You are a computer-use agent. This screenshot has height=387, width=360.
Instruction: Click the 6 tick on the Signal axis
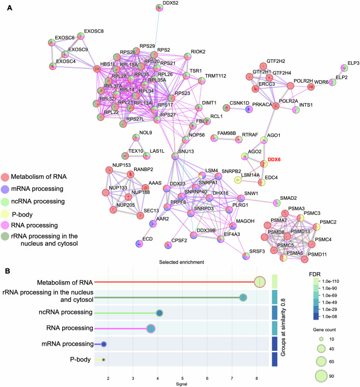tap(208, 377)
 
